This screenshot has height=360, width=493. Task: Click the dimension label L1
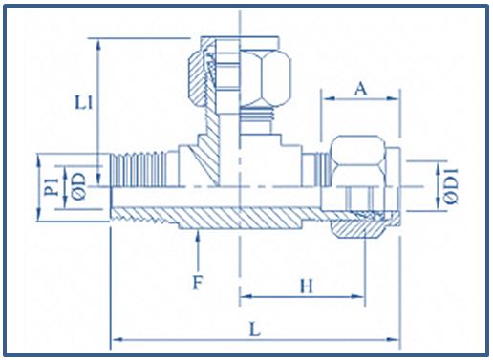84,103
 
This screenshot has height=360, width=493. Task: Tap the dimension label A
360,89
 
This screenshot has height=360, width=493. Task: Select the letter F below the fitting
198,283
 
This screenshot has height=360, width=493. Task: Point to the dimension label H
307,286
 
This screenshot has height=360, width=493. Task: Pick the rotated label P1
52,186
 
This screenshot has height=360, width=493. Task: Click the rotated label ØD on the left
79,186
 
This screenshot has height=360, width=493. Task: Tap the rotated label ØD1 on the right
451,186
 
